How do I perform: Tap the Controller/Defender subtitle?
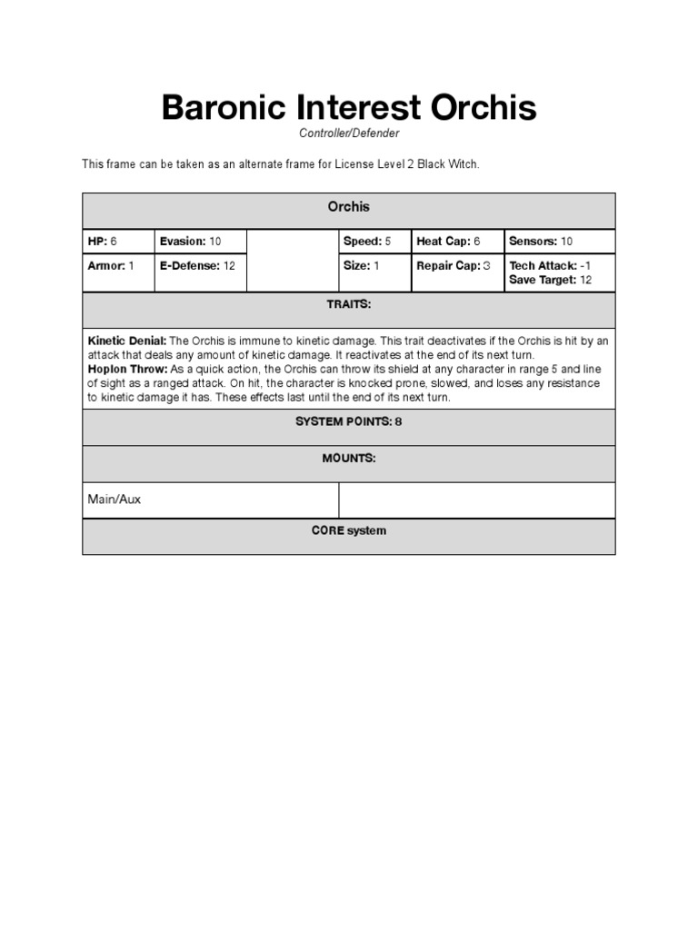pos(349,134)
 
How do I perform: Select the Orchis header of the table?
pos(349,207)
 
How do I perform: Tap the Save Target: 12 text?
pos(551,280)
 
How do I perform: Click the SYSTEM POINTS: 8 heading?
pos(349,422)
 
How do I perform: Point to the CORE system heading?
pos(349,531)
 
